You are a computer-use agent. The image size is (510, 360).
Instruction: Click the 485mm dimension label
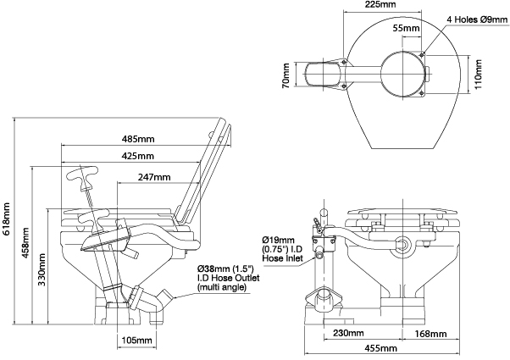(x=137, y=138)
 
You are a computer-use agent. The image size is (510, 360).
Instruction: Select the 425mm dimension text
(x=137, y=157)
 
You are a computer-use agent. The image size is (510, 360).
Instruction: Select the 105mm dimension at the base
(x=136, y=340)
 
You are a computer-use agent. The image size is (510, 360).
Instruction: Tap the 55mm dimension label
(x=405, y=29)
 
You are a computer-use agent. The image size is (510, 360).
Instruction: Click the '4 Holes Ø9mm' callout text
(x=476, y=17)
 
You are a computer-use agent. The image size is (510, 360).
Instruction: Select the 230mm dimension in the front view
(x=348, y=333)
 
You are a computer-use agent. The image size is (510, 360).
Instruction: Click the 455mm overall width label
(x=380, y=348)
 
